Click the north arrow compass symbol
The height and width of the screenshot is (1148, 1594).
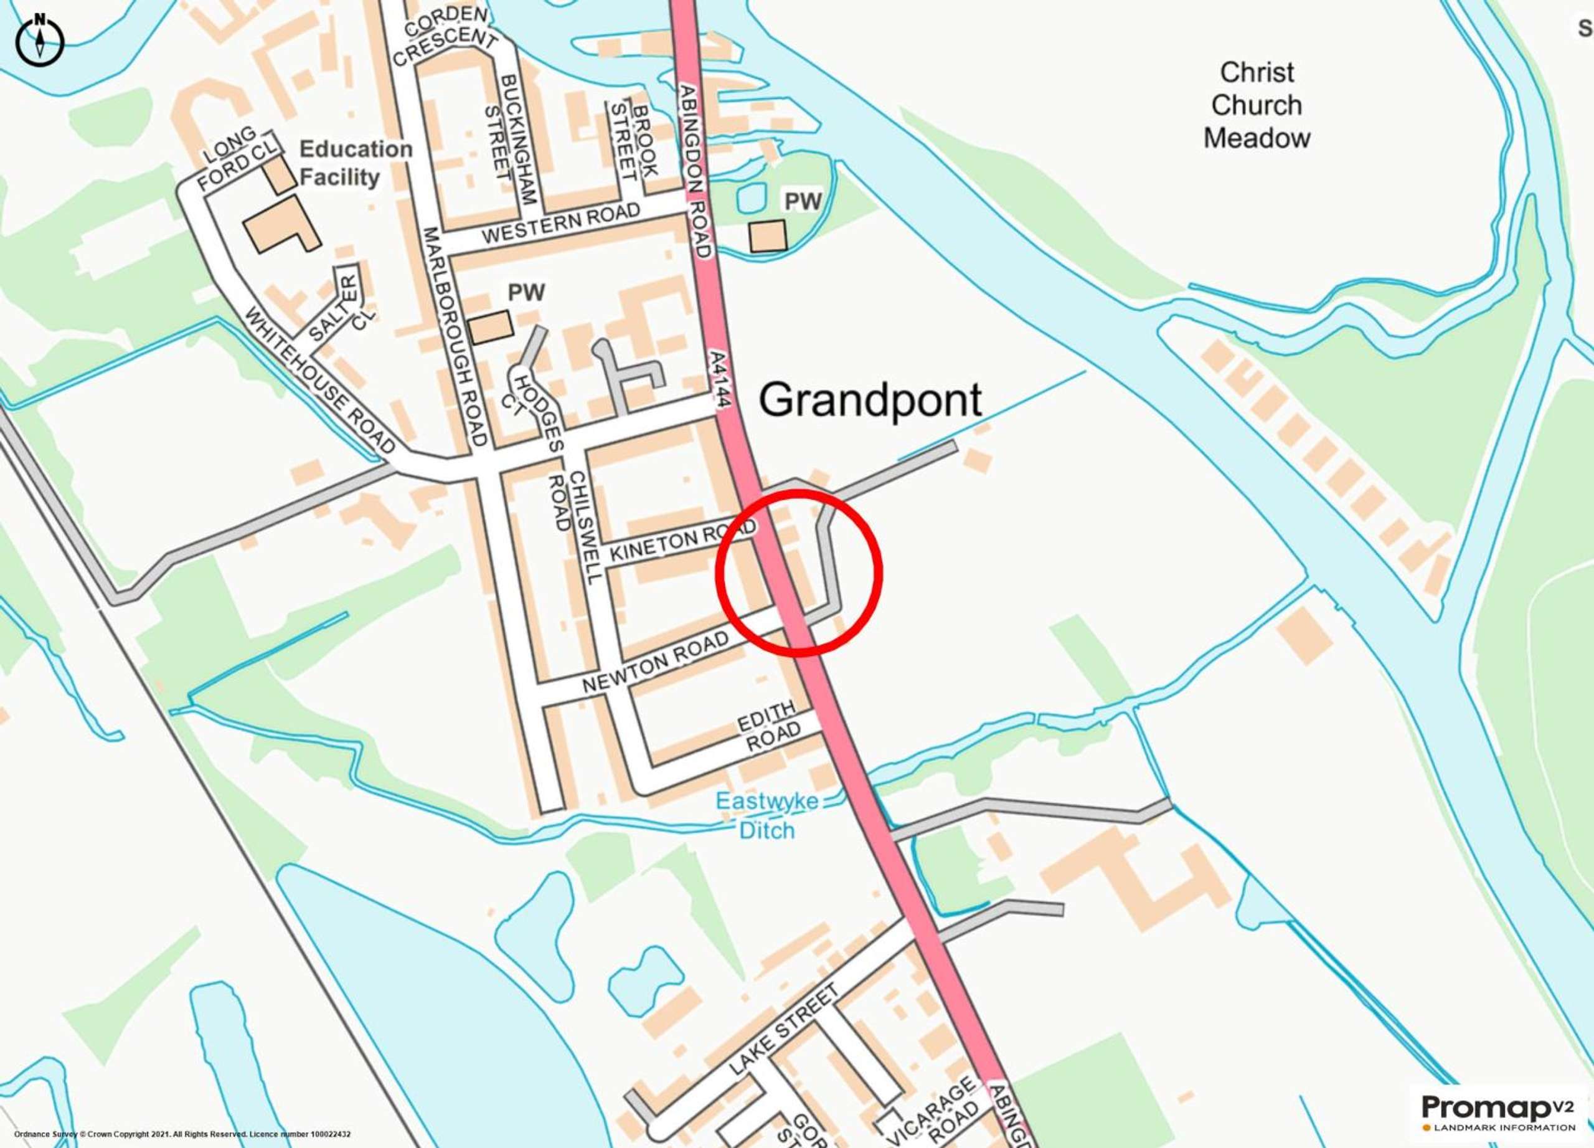click(x=40, y=40)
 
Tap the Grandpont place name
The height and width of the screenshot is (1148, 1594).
click(x=869, y=400)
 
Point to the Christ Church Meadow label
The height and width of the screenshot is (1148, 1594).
click(x=1257, y=105)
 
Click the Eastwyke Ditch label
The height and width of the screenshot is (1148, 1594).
click(x=766, y=815)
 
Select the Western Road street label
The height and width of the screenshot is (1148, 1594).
click(x=561, y=224)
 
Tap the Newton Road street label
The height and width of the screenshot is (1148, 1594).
click(x=655, y=663)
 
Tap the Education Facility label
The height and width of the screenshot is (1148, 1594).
click(x=355, y=163)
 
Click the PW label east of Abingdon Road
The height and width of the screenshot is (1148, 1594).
click(x=803, y=202)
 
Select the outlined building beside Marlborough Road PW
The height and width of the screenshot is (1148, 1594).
click(x=490, y=327)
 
